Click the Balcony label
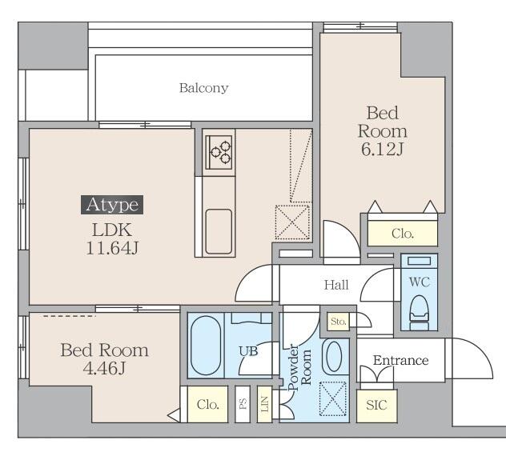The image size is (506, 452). (x=203, y=88)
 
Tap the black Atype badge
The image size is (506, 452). (x=112, y=205)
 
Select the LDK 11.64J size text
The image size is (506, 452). (x=112, y=239)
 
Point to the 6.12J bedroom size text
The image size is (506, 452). (x=382, y=150)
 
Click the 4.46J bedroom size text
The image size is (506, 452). (x=104, y=368)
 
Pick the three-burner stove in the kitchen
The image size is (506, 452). (x=219, y=152)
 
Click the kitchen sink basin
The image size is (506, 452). (x=219, y=231)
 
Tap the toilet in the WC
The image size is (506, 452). (x=419, y=313)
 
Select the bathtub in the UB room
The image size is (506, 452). (x=206, y=346)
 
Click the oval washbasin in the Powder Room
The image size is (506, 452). (x=334, y=357)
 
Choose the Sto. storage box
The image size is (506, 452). (x=338, y=322)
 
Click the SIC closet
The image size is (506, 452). (x=376, y=406)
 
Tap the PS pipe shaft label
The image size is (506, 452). (x=243, y=404)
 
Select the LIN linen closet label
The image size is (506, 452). (x=264, y=404)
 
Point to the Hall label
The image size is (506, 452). (x=336, y=285)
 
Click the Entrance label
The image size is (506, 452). (x=400, y=360)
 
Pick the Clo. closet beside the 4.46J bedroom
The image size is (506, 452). (x=207, y=404)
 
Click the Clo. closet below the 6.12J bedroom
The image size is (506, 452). (x=403, y=233)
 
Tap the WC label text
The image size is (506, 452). (x=420, y=282)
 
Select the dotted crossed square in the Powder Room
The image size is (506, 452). (x=333, y=399)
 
